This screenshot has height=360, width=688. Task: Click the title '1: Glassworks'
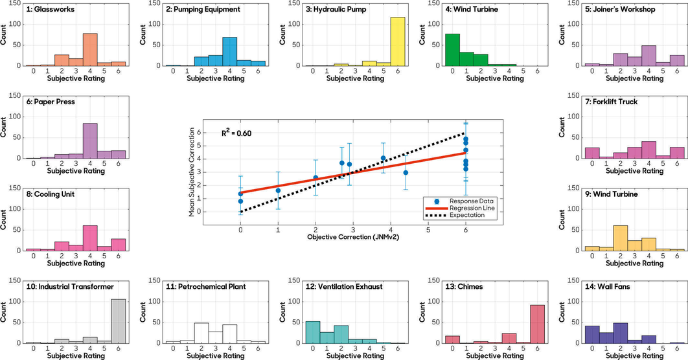point(49,10)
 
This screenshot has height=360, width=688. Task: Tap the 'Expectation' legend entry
point(464,215)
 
